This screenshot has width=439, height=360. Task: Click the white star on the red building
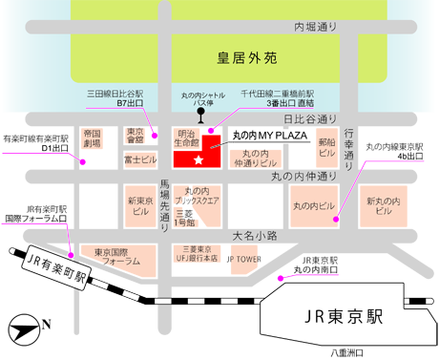pyautogui.click(x=199, y=159)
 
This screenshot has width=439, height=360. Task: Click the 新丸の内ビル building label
pyautogui.click(x=383, y=206)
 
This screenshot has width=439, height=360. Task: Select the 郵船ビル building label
pyautogui.click(x=326, y=146)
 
